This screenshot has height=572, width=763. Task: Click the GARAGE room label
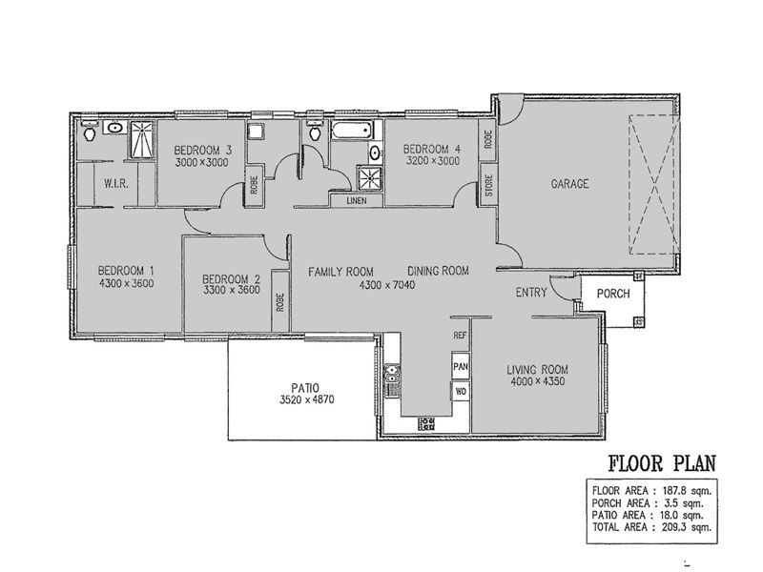569,184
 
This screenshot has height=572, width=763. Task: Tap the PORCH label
613,294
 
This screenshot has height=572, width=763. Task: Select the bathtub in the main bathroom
352,131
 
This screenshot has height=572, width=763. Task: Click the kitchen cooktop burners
427,423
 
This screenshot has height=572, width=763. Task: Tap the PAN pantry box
461,366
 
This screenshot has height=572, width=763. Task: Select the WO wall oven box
461,392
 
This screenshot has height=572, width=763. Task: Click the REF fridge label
460,336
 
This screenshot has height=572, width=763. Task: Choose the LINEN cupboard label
357,201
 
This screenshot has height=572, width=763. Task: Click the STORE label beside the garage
488,185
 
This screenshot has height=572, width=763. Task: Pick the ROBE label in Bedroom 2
279,302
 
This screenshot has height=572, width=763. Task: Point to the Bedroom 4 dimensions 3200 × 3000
433,161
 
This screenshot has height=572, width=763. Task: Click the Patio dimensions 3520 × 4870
306,400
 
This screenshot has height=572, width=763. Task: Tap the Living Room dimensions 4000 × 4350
538,382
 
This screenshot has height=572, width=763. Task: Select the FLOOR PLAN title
662,463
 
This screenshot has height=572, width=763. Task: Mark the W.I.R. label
115,184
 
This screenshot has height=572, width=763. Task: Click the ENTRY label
531,293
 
